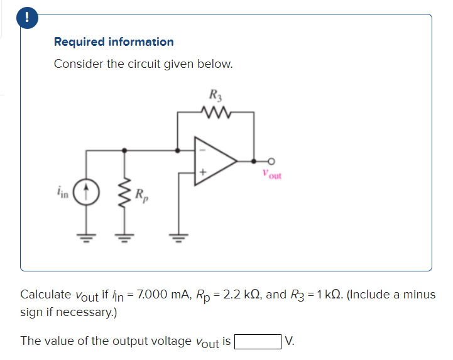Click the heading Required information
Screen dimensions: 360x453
point(114,42)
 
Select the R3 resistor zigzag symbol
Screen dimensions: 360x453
point(216,114)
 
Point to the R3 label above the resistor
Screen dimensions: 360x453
point(215,97)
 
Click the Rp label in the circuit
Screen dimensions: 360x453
point(141,194)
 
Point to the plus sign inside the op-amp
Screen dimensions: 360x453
point(203,172)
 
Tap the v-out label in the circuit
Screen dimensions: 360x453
point(273,176)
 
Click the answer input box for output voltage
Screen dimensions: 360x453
point(258,341)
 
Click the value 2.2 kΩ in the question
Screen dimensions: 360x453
point(243,295)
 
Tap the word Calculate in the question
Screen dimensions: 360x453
point(45,295)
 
